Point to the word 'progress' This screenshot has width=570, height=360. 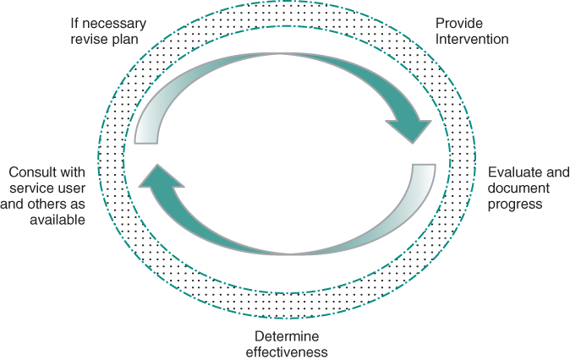click(x=515, y=204)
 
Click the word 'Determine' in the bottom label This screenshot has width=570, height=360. click(x=290, y=336)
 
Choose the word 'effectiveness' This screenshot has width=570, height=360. click(x=290, y=352)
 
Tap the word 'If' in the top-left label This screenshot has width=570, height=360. click(x=75, y=24)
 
